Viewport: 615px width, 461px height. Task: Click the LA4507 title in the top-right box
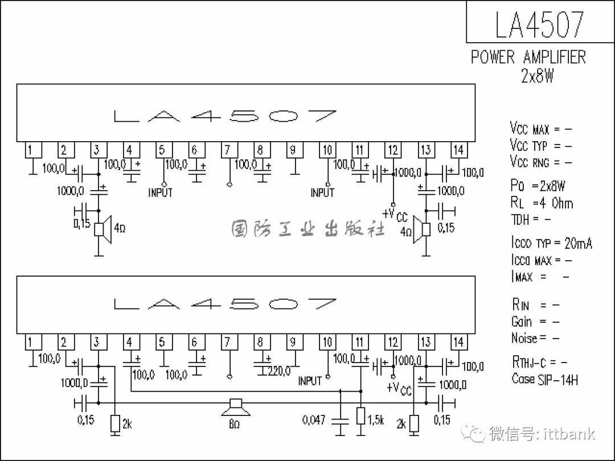pos(540,24)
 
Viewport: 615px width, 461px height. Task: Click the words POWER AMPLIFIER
pos(528,57)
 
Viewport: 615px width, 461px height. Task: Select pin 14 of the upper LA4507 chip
pos(458,150)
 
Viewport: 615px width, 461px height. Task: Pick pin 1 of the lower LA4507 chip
pos(32,342)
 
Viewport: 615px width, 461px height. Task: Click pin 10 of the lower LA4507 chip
pos(327,342)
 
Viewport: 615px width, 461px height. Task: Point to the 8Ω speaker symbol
pos(236,408)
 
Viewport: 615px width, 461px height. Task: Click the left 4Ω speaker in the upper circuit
pos(103,229)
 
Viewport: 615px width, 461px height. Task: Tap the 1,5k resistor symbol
pos(361,416)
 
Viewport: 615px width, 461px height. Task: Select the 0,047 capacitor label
pos(314,420)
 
